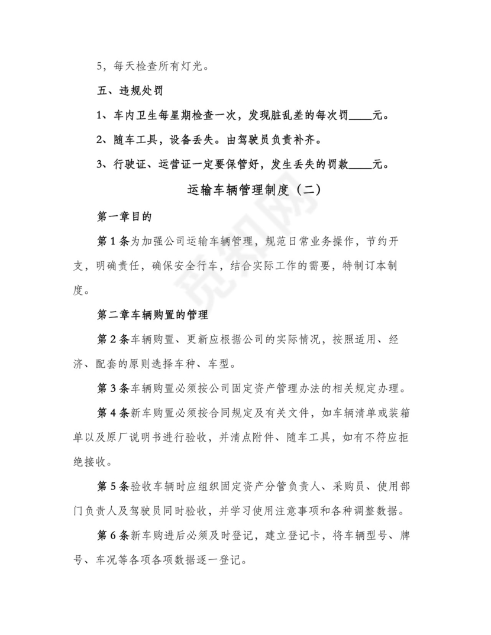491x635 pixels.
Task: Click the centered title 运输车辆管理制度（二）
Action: click(x=246, y=190)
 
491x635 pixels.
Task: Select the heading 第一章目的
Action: click(x=124, y=217)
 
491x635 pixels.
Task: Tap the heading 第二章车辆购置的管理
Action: click(x=155, y=315)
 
